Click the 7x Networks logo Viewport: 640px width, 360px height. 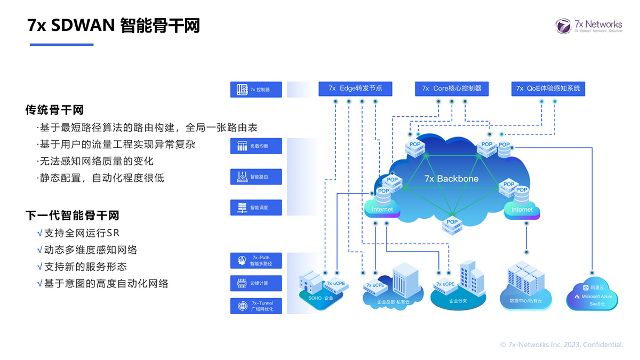click(588, 26)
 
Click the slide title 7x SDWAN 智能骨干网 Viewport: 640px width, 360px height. click(114, 25)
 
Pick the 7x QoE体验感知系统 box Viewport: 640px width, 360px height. click(548, 89)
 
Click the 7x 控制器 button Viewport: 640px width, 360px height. click(255, 90)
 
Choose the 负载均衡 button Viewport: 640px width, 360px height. click(255, 146)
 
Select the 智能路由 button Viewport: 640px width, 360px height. click(255, 177)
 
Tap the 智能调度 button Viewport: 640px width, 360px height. click(255, 207)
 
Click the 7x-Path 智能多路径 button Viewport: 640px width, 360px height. click(255, 260)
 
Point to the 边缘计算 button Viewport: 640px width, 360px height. click(255, 283)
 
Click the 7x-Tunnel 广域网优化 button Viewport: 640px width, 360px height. click(255, 306)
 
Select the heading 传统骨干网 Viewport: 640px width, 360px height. click(54, 110)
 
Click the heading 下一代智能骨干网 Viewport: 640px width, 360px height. click(72, 215)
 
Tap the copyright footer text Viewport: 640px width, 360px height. click(561, 345)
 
